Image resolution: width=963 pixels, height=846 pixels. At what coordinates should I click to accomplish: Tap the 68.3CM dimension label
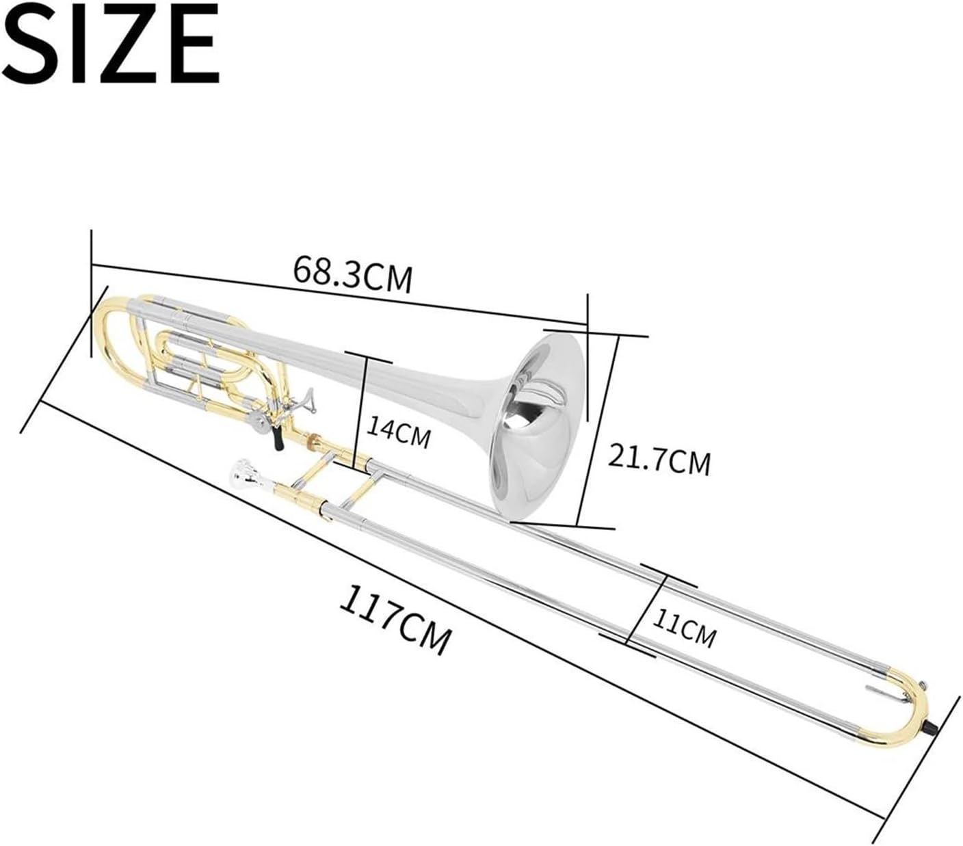(x=352, y=276)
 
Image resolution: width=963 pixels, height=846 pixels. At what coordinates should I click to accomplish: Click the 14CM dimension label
(x=398, y=432)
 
